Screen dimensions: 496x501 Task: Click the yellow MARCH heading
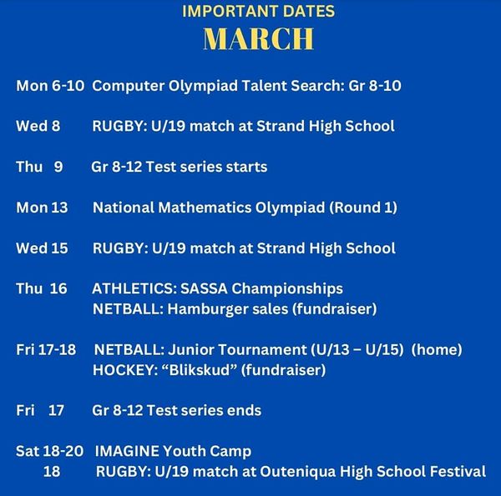pyautogui.click(x=259, y=38)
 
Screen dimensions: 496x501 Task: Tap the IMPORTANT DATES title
pyautogui.click(x=258, y=12)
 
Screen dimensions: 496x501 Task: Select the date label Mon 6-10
pyautogui.click(x=49, y=86)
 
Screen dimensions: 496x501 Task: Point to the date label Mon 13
pyautogui.click(x=42, y=208)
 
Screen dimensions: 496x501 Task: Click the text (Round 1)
pyautogui.click(x=362, y=208)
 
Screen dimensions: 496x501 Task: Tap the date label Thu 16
pyautogui.click(x=42, y=288)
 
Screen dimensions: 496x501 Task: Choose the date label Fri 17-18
pyautogui.click(x=47, y=349)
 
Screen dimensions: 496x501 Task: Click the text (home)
pyautogui.click(x=439, y=349)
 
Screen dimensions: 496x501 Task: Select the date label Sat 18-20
pyautogui.click(x=50, y=451)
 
